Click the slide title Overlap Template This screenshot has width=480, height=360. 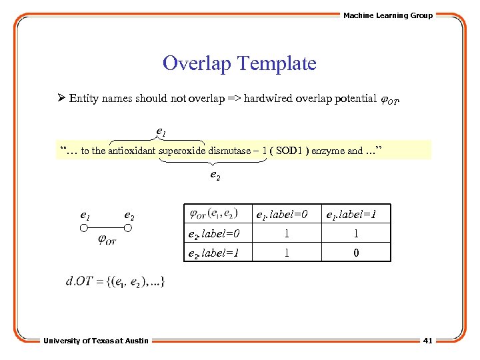[x=239, y=63]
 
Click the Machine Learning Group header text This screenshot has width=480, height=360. [x=387, y=15]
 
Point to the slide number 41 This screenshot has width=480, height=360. [x=427, y=341]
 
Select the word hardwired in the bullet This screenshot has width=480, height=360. [x=267, y=99]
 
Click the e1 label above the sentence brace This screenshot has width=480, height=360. [x=161, y=131]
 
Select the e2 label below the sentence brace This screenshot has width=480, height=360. [x=215, y=176]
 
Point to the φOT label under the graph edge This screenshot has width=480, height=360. [x=107, y=240]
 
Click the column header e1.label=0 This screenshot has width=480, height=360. [x=282, y=215]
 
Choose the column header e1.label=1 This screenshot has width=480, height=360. [x=351, y=215]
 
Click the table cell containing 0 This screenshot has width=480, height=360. [x=356, y=253]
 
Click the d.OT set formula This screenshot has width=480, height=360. [x=115, y=281]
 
